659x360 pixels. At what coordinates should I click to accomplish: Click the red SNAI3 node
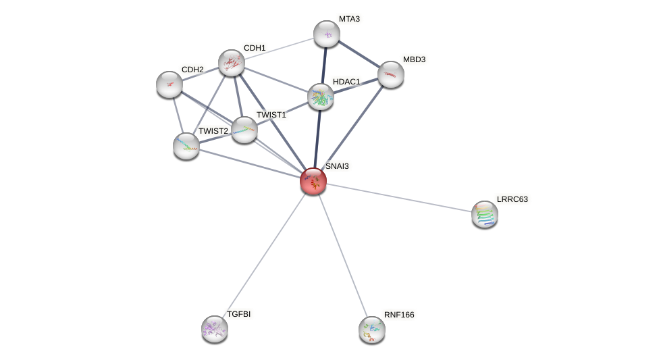click(x=313, y=181)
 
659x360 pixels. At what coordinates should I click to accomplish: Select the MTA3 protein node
click(x=327, y=34)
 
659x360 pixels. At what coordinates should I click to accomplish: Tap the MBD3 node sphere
click(x=390, y=74)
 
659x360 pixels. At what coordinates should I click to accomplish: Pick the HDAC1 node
click(x=321, y=97)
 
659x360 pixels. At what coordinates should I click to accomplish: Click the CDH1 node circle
click(x=231, y=63)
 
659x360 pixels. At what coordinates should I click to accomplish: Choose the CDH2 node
click(x=169, y=84)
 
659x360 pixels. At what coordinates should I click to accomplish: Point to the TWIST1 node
click(x=244, y=129)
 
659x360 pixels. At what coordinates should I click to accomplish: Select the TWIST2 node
click(x=186, y=146)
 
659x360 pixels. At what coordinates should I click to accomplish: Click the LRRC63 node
click(x=485, y=214)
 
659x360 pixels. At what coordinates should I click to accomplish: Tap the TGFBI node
click(x=215, y=329)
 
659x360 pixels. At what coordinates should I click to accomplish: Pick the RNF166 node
click(x=372, y=330)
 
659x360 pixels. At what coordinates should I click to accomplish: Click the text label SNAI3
click(x=337, y=166)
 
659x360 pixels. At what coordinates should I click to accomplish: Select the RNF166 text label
click(x=399, y=315)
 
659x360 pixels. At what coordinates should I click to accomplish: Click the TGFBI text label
click(x=239, y=314)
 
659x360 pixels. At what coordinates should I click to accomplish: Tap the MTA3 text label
click(x=349, y=19)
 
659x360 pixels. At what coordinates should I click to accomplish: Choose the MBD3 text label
click(x=414, y=59)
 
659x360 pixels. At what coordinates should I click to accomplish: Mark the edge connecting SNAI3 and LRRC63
click(x=398, y=197)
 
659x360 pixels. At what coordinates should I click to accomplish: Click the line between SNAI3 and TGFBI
click(x=264, y=255)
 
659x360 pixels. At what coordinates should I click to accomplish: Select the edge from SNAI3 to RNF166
click(x=342, y=255)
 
